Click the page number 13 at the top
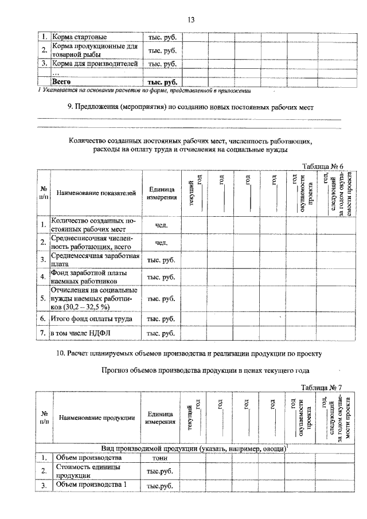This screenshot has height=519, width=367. click(192, 20)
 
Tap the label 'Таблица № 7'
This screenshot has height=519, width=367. click(322, 388)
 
